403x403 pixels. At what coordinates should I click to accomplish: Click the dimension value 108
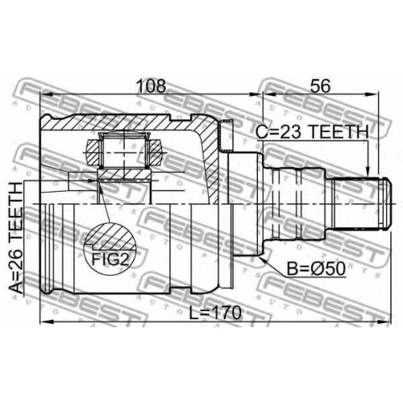(152, 86)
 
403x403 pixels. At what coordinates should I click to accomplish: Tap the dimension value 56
(320, 86)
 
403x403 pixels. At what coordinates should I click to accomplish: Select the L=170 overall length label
(215, 313)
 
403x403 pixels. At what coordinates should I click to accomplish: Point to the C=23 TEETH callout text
(312, 132)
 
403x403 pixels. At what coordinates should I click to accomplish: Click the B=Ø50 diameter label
(316, 269)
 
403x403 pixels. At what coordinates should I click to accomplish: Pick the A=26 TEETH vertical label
(15, 238)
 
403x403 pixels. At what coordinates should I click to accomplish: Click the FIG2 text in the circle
(110, 259)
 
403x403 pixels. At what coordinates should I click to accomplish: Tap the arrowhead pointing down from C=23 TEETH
(368, 170)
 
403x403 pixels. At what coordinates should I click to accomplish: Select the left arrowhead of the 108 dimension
(47, 94)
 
